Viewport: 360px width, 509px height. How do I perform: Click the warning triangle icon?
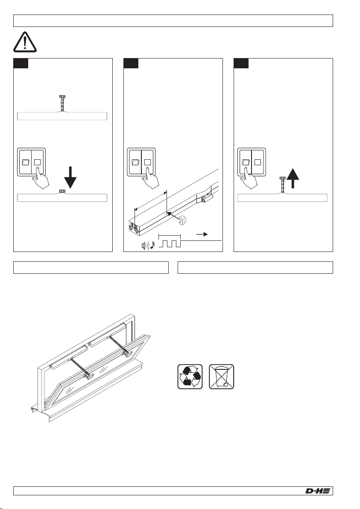tap(25, 42)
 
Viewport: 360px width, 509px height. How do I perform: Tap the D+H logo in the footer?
tap(318, 491)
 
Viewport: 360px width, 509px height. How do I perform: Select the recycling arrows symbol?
tap(190, 377)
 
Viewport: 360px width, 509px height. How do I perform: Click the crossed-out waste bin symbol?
tap(221, 377)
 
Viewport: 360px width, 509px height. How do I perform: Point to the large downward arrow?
tap(70, 178)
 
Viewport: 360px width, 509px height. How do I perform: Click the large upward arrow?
tap(293, 178)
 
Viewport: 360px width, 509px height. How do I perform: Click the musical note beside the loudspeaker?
tap(153, 246)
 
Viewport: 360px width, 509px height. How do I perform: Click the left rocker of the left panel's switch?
tap(25, 162)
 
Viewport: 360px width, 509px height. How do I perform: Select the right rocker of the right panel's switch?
tap(258, 162)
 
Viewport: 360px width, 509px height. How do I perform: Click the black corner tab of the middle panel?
tap(131, 63)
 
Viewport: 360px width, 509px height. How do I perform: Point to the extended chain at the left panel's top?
tap(62, 103)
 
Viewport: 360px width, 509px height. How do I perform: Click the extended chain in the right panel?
tap(282, 185)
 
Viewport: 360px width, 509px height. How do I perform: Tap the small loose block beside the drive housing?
tap(182, 220)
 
